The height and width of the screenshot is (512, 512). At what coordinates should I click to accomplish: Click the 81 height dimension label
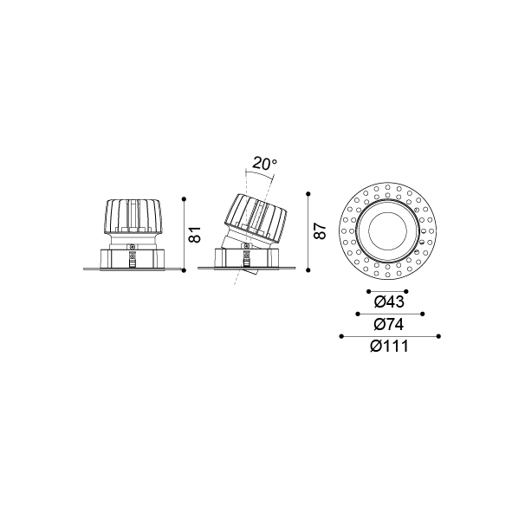[195, 235]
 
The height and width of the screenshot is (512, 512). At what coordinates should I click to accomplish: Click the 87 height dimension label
[320, 230]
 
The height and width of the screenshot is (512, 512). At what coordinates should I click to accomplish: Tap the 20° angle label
[264, 164]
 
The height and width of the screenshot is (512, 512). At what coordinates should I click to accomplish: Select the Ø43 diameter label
[389, 302]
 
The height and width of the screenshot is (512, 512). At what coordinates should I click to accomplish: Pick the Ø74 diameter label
[389, 325]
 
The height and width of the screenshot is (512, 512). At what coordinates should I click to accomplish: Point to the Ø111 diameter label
[389, 347]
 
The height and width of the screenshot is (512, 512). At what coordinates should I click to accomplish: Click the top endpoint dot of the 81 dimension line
[185, 199]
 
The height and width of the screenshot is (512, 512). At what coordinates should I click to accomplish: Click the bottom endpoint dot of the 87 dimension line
[308, 270]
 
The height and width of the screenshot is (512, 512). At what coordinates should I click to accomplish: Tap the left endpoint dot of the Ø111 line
[341, 336]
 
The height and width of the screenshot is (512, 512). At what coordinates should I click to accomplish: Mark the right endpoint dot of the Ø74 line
[423, 314]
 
